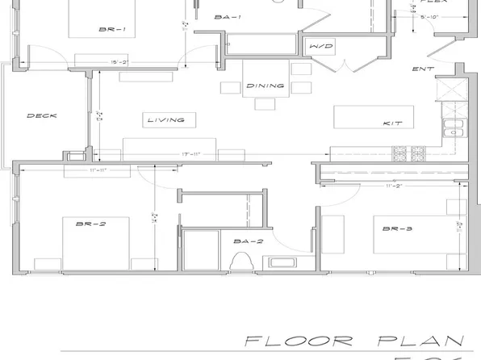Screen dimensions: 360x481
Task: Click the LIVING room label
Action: pyautogui.click(x=165, y=120)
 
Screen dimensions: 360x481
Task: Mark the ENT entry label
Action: pyautogui.click(x=423, y=69)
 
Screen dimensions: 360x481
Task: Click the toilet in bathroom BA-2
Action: pyautogui.click(x=241, y=261)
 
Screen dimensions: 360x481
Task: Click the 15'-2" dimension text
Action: pyautogui.click(x=121, y=61)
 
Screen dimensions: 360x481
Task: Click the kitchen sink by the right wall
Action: pyautogui.click(x=452, y=128)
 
